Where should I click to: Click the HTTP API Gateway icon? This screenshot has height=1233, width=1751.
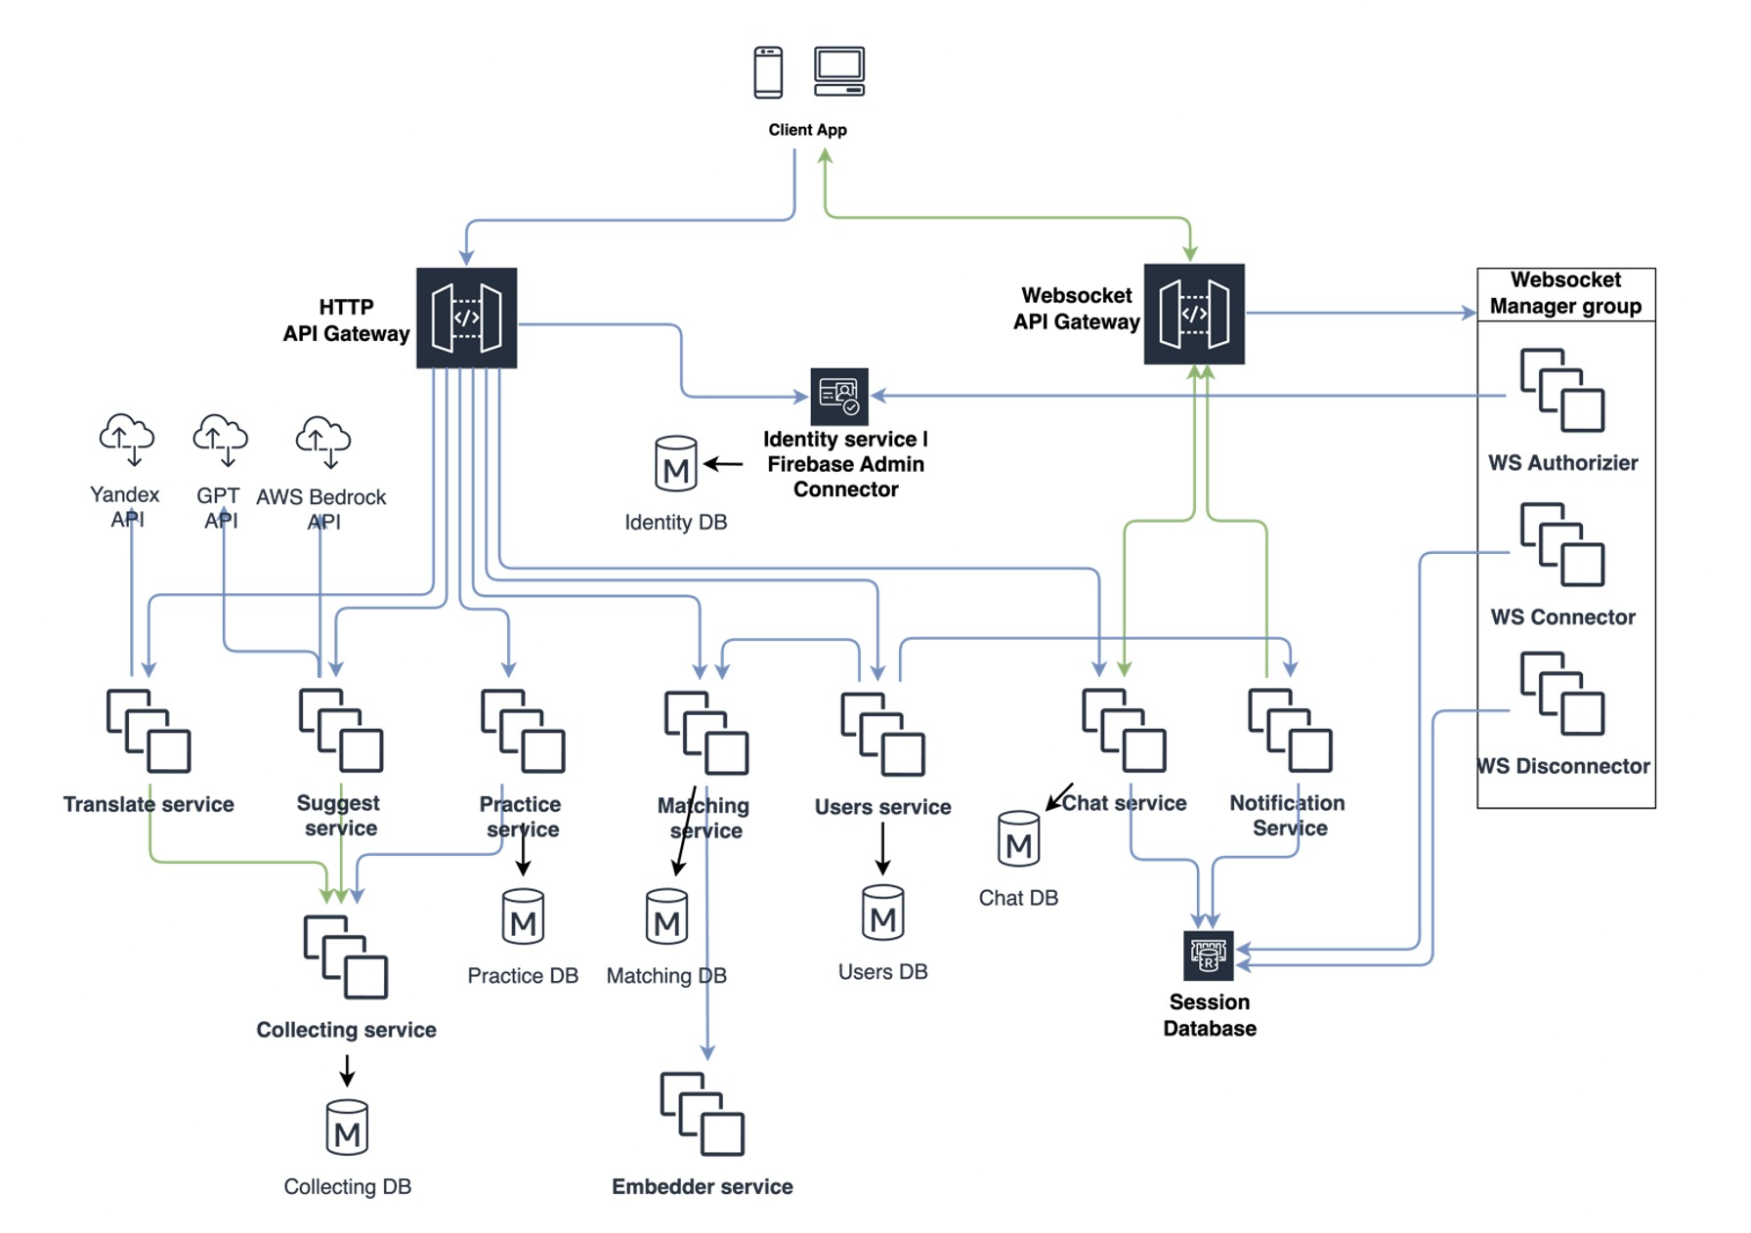tap(466, 318)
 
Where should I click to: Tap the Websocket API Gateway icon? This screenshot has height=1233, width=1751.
tap(1193, 314)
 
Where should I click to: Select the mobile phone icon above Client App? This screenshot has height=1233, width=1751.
tap(768, 72)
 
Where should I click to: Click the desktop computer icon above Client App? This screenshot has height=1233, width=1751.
tap(839, 71)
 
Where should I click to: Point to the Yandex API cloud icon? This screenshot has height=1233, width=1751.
tap(127, 439)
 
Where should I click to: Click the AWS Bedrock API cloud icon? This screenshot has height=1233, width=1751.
tap(322, 441)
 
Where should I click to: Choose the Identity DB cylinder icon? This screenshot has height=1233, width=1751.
tap(675, 463)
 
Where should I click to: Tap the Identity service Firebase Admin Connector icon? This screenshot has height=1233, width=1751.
tap(839, 395)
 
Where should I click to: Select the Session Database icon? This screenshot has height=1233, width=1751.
tap(1209, 955)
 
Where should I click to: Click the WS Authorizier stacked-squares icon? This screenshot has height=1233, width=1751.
tap(1561, 390)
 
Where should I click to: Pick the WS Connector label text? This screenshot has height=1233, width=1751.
tap(1562, 617)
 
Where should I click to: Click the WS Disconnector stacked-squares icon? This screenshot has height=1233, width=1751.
tap(1561, 694)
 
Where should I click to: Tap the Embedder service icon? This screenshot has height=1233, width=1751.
tap(702, 1114)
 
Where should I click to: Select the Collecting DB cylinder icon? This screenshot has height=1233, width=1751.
tap(347, 1127)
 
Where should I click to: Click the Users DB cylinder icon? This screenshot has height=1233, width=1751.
tap(882, 913)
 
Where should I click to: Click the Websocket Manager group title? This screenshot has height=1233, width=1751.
tap(1565, 293)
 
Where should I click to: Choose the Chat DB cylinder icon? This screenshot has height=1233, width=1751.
tap(1018, 839)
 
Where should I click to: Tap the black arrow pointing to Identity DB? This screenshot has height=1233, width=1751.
tap(723, 464)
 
